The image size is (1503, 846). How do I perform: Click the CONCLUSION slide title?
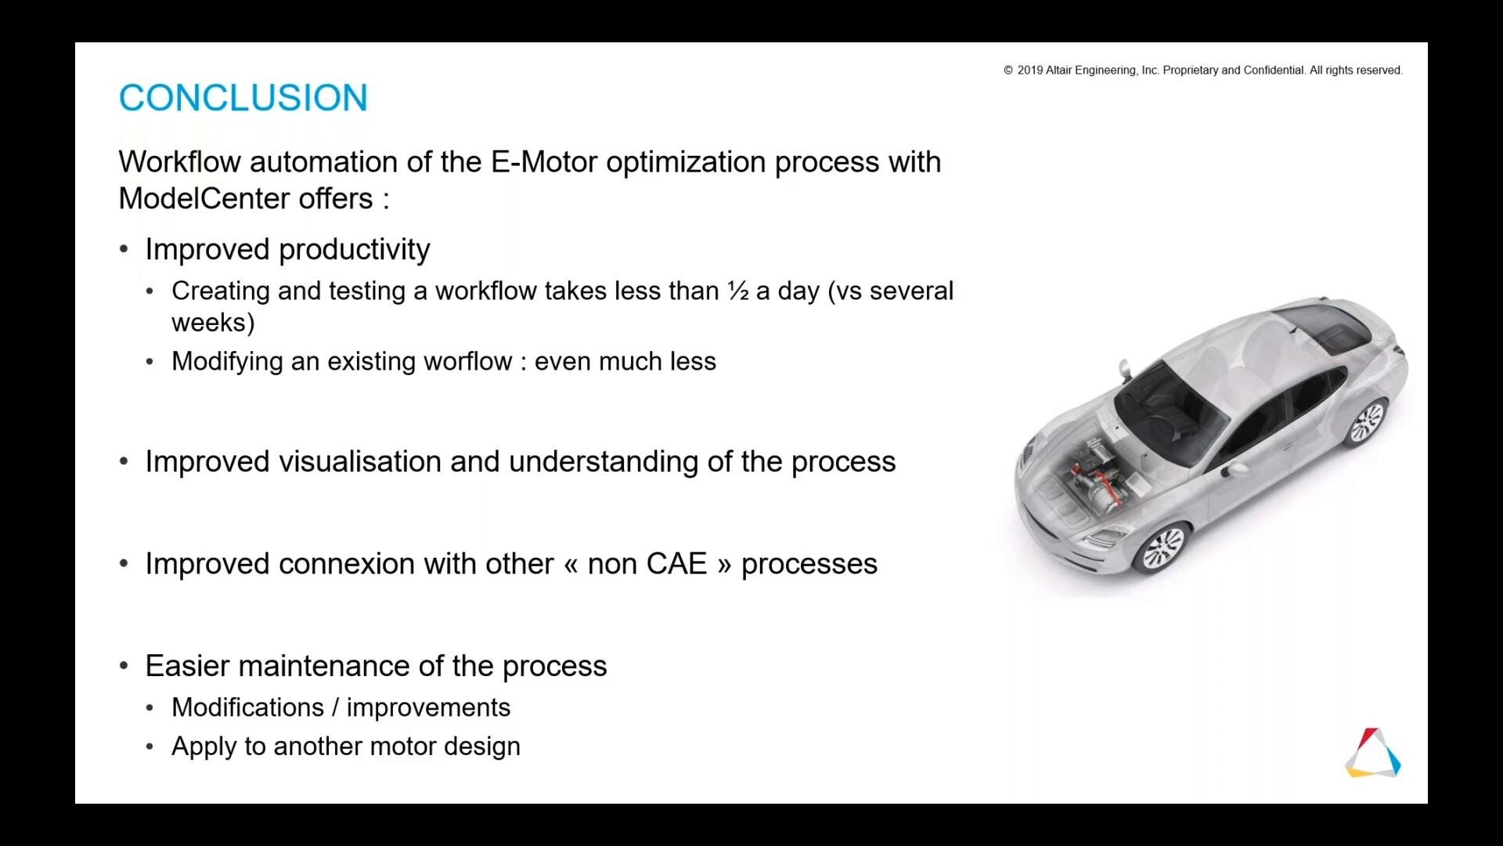click(x=243, y=98)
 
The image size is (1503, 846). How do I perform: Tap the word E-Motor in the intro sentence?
click(x=544, y=162)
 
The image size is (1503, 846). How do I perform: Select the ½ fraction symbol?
click(x=738, y=291)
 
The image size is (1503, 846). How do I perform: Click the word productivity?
click(x=354, y=250)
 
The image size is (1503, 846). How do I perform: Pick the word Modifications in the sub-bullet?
click(x=247, y=707)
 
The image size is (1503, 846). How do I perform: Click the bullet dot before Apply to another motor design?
click(x=150, y=747)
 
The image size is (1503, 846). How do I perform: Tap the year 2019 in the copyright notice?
click(x=1029, y=70)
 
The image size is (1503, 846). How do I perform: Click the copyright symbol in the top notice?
click(x=1008, y=70)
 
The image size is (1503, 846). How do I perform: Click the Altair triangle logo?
click(x=1373, y=753)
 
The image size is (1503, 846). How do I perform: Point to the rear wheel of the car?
click(x=1367, y=422)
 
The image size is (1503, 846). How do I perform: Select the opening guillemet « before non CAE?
click(x=571, y=565)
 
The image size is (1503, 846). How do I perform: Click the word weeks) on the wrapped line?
click(x=213, y=323)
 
